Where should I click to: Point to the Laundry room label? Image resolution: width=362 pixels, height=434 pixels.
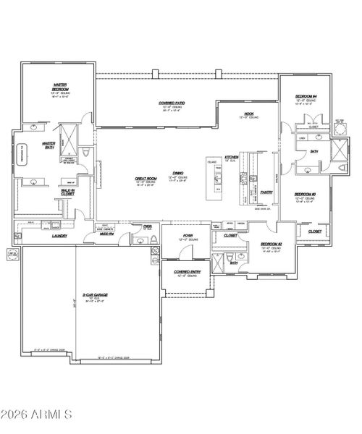click(39, 236)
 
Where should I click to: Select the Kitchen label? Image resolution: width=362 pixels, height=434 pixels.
click(232, 156)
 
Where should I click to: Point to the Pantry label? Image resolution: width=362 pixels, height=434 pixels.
click(266, 192)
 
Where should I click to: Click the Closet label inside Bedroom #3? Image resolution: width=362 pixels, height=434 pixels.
click(315, 231)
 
